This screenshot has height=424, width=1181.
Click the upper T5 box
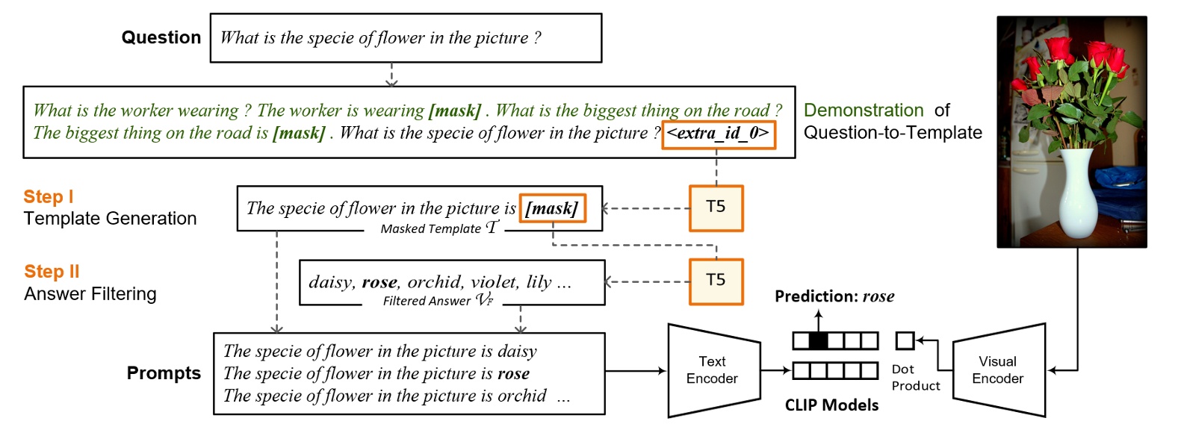716,207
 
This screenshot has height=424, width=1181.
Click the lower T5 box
716,281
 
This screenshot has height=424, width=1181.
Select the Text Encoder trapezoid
713,370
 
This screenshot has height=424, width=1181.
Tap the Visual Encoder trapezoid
998,370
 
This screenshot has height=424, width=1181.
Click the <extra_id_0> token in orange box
718,134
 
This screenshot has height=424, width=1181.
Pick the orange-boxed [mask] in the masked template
552,208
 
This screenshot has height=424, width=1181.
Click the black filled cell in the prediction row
819,341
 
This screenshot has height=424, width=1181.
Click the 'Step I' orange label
49,197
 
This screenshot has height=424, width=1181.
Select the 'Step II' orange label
52,272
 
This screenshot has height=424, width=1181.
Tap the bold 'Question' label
161,38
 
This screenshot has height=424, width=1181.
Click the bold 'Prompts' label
164,373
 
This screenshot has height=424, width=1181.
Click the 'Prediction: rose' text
834,296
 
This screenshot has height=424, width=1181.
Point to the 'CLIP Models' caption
831,405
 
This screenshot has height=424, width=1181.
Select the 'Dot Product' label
915,378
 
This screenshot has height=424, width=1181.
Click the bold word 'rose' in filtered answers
379,282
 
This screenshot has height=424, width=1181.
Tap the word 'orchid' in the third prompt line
522,396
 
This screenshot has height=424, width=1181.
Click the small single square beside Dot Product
905,341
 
